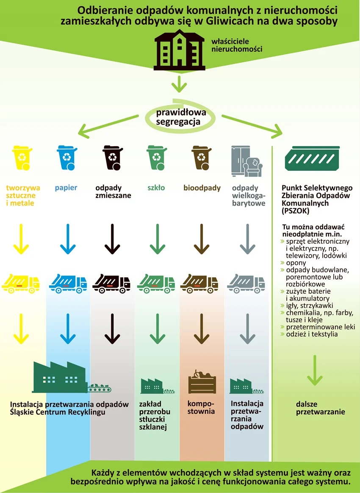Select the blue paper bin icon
66,158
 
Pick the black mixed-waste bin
113,158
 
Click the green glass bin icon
157,158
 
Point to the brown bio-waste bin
202,158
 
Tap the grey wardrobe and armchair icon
248,161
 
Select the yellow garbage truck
21,283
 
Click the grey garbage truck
246,283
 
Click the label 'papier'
66,188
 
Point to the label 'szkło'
156,188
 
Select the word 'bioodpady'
202,188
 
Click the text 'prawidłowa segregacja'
181,117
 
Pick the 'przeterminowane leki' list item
320,327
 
